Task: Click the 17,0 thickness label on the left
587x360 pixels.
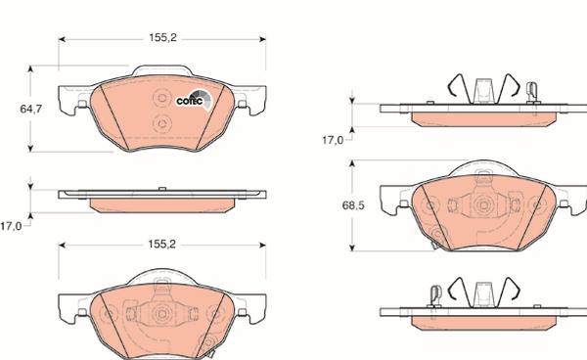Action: (11, 226)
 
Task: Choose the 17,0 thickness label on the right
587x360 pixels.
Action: (332, 141)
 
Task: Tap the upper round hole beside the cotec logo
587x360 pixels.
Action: (163, 98)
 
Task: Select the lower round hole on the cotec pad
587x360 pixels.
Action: (163, 123)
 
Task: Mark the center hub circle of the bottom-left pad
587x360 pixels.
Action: (161, 314)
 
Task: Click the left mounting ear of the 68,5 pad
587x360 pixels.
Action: (395, 204)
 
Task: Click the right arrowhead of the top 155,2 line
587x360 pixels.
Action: (262, 40)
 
